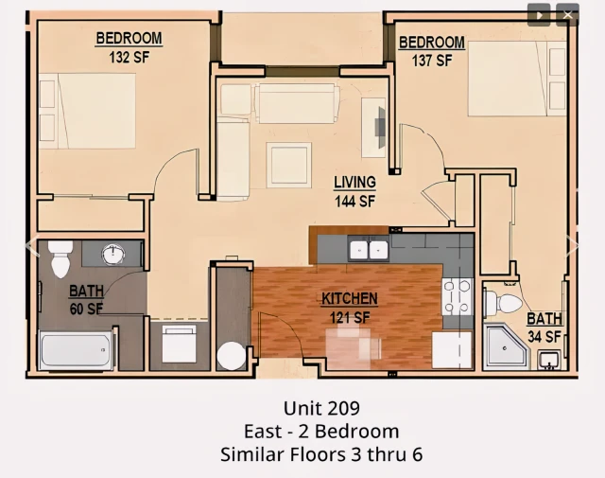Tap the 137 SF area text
pos(432,61)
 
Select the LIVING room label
pos(355,183)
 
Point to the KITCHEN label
pos(350,299)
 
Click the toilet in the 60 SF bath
pos(60,258)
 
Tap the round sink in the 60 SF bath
pos(113,255)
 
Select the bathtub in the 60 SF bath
pos(77,350)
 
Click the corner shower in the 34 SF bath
pos(506,346)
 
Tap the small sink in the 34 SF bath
pos(549,360)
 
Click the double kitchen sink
pos(368,249)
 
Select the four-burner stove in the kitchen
pos(458,297)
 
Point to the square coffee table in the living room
pos(288,165)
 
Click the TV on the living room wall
pos(380,127)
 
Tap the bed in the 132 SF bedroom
pos(87,111)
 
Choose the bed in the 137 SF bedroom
pos(517,79)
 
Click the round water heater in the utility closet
pos(231,356)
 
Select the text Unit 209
pos(321,408)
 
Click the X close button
pos(567,15)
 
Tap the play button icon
pos(539,15)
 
